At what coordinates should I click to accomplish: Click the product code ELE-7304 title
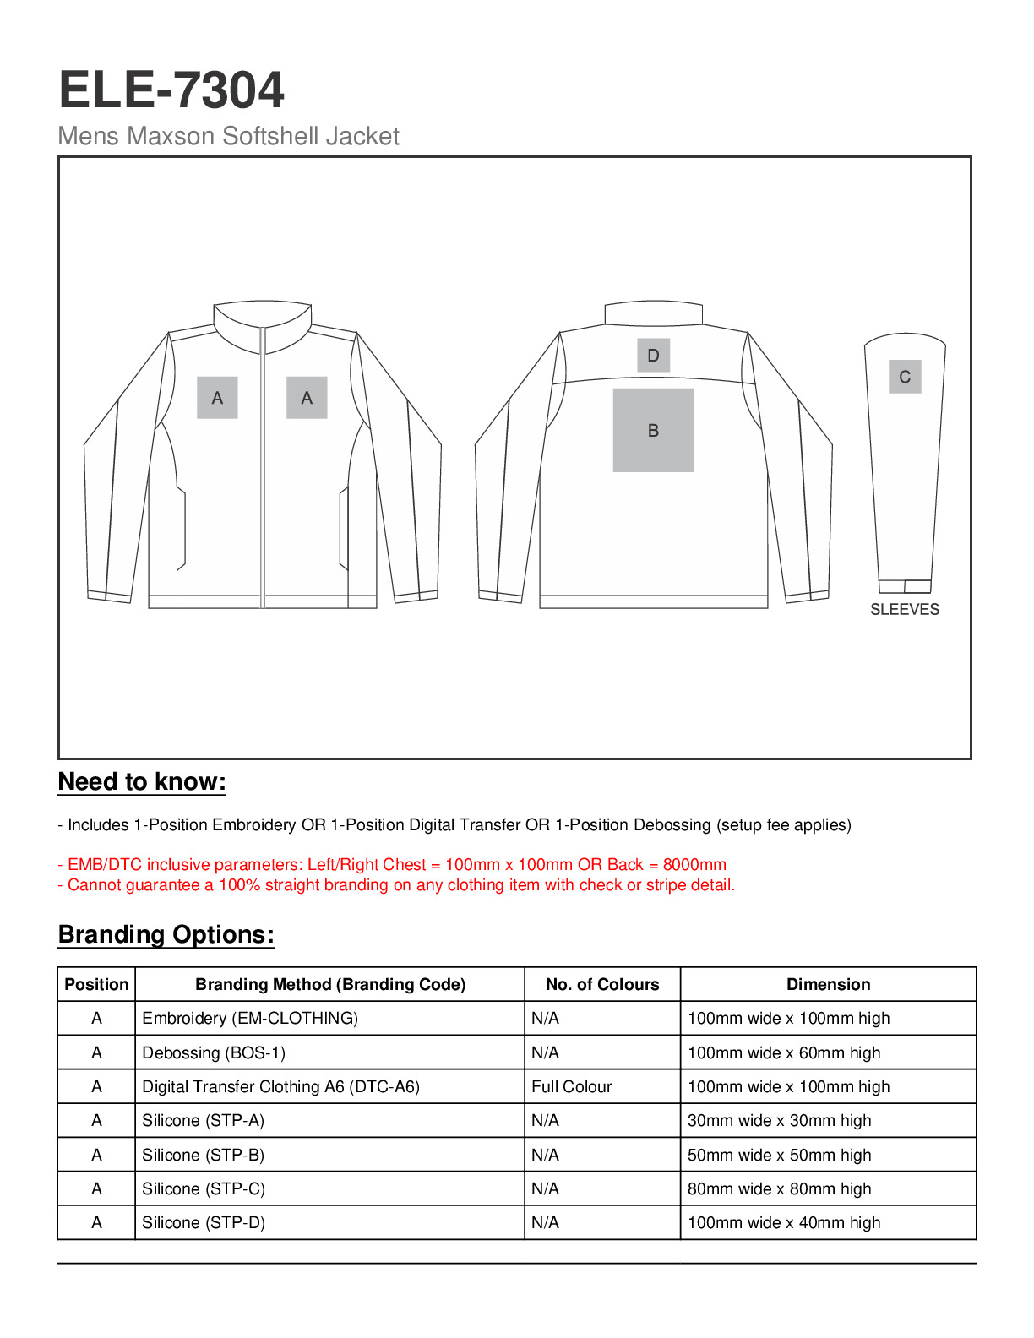click(x=171, y=90)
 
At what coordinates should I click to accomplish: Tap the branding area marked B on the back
click(x=653, y=430)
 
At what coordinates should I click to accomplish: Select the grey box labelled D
click(x=653, y=356)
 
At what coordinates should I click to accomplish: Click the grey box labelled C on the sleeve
click(x=904, y=377)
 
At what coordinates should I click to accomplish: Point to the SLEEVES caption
click(x=904, y=610)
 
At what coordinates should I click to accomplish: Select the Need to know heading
click(x=142, y=782)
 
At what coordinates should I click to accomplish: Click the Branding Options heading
click(x=166, y=935)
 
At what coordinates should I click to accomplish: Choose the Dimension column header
click(x=828, y=985)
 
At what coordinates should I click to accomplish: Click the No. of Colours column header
click(x=602, y=985)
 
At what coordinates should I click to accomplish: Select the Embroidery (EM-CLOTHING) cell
click(x=250, y=1019)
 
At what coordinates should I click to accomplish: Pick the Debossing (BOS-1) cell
click(x=214, y=1053)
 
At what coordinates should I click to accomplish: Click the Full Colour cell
click(x=572, y=1087)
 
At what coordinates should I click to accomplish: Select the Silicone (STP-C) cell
click(x=204, y=1189)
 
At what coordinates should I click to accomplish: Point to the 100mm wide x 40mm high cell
click(x=784, y=1223)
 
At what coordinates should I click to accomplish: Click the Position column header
click(x=96, y=985)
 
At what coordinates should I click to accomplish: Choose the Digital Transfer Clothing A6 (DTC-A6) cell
click(x=280, y=1087)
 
